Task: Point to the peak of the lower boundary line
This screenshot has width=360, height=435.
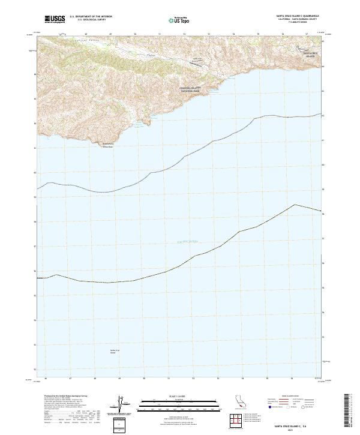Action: [x=295, y=205]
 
